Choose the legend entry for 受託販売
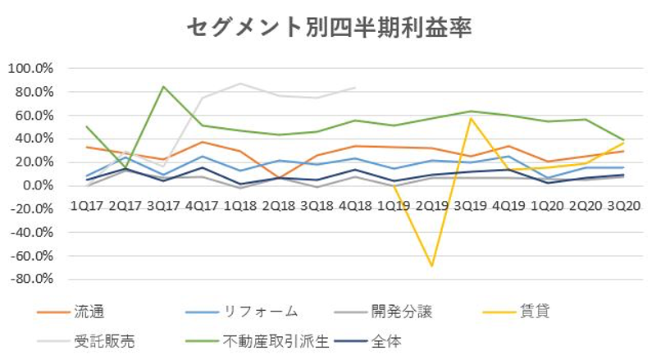[x=103, y=337]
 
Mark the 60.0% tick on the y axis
[x=33, y=115]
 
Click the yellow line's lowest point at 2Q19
[x=431, y=266]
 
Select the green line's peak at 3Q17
[x=164, y=87]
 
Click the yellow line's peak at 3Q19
[x=470, y=118]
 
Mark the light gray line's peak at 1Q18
[x=240, y=84]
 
